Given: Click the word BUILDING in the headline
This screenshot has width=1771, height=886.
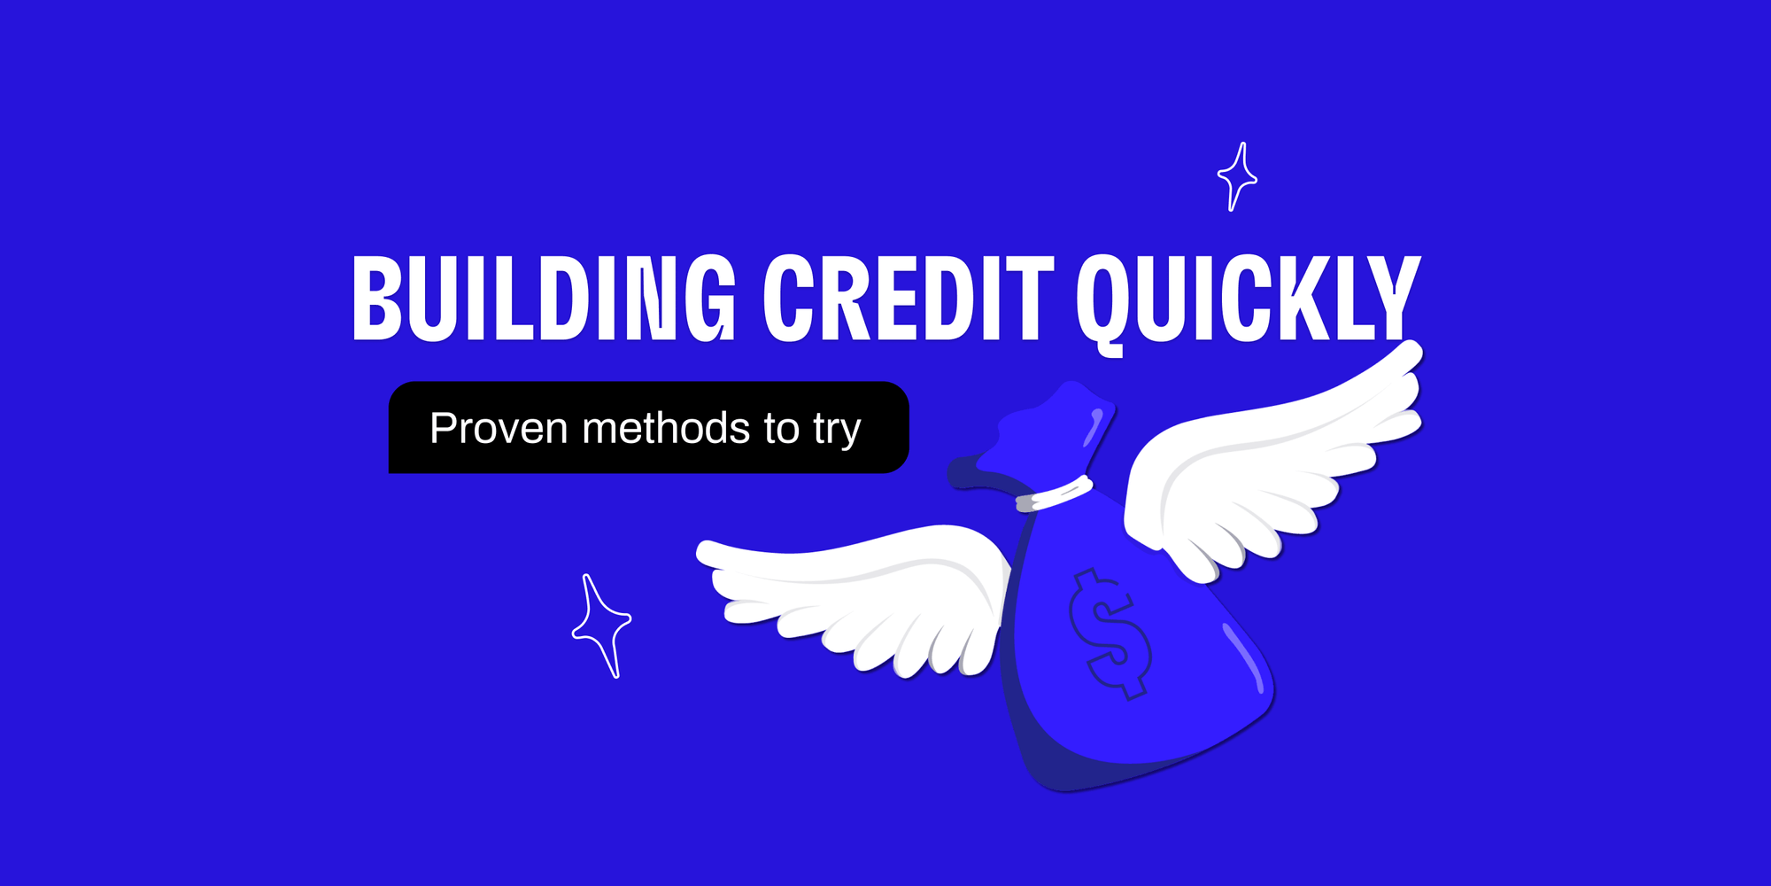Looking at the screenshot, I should click(x=544, y=298).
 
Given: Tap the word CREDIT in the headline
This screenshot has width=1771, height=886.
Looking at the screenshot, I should click(x=909, y=298).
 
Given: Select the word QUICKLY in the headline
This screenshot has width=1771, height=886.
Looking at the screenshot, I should click(x=1247, y=298).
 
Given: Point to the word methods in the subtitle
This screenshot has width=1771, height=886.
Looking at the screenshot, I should click(x=666, y=429).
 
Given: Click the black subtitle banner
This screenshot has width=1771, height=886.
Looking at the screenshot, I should click(x=648, y=428).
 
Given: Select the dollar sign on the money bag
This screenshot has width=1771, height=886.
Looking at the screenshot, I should click(x=1110, y=633).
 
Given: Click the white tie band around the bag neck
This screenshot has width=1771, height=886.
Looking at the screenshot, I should click(x=1054, y=494).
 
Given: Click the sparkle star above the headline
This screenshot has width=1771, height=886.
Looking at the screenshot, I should click(x=1237, y=176).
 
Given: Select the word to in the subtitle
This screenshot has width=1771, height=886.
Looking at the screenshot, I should click(x=781, y=429).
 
